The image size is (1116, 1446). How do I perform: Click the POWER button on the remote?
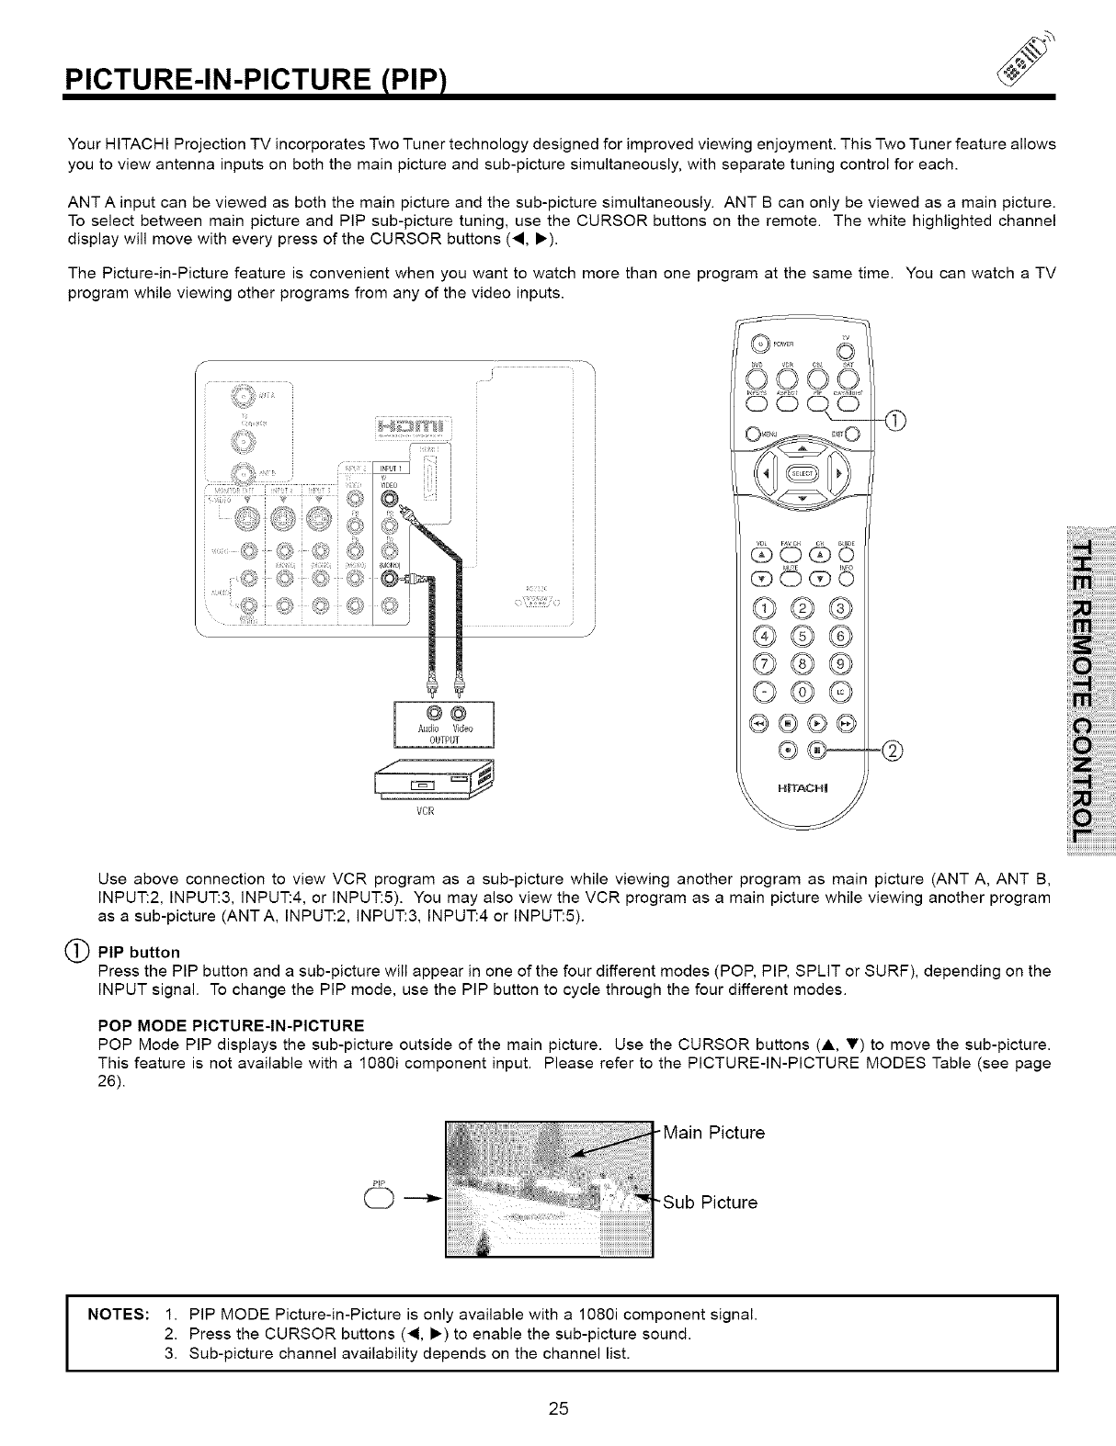(x=760, y=345)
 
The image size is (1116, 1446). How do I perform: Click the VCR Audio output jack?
(x=427, y=713)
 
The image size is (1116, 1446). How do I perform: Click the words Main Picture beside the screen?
(x=713, y=1133)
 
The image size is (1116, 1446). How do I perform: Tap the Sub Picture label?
(x=711, y=1203)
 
